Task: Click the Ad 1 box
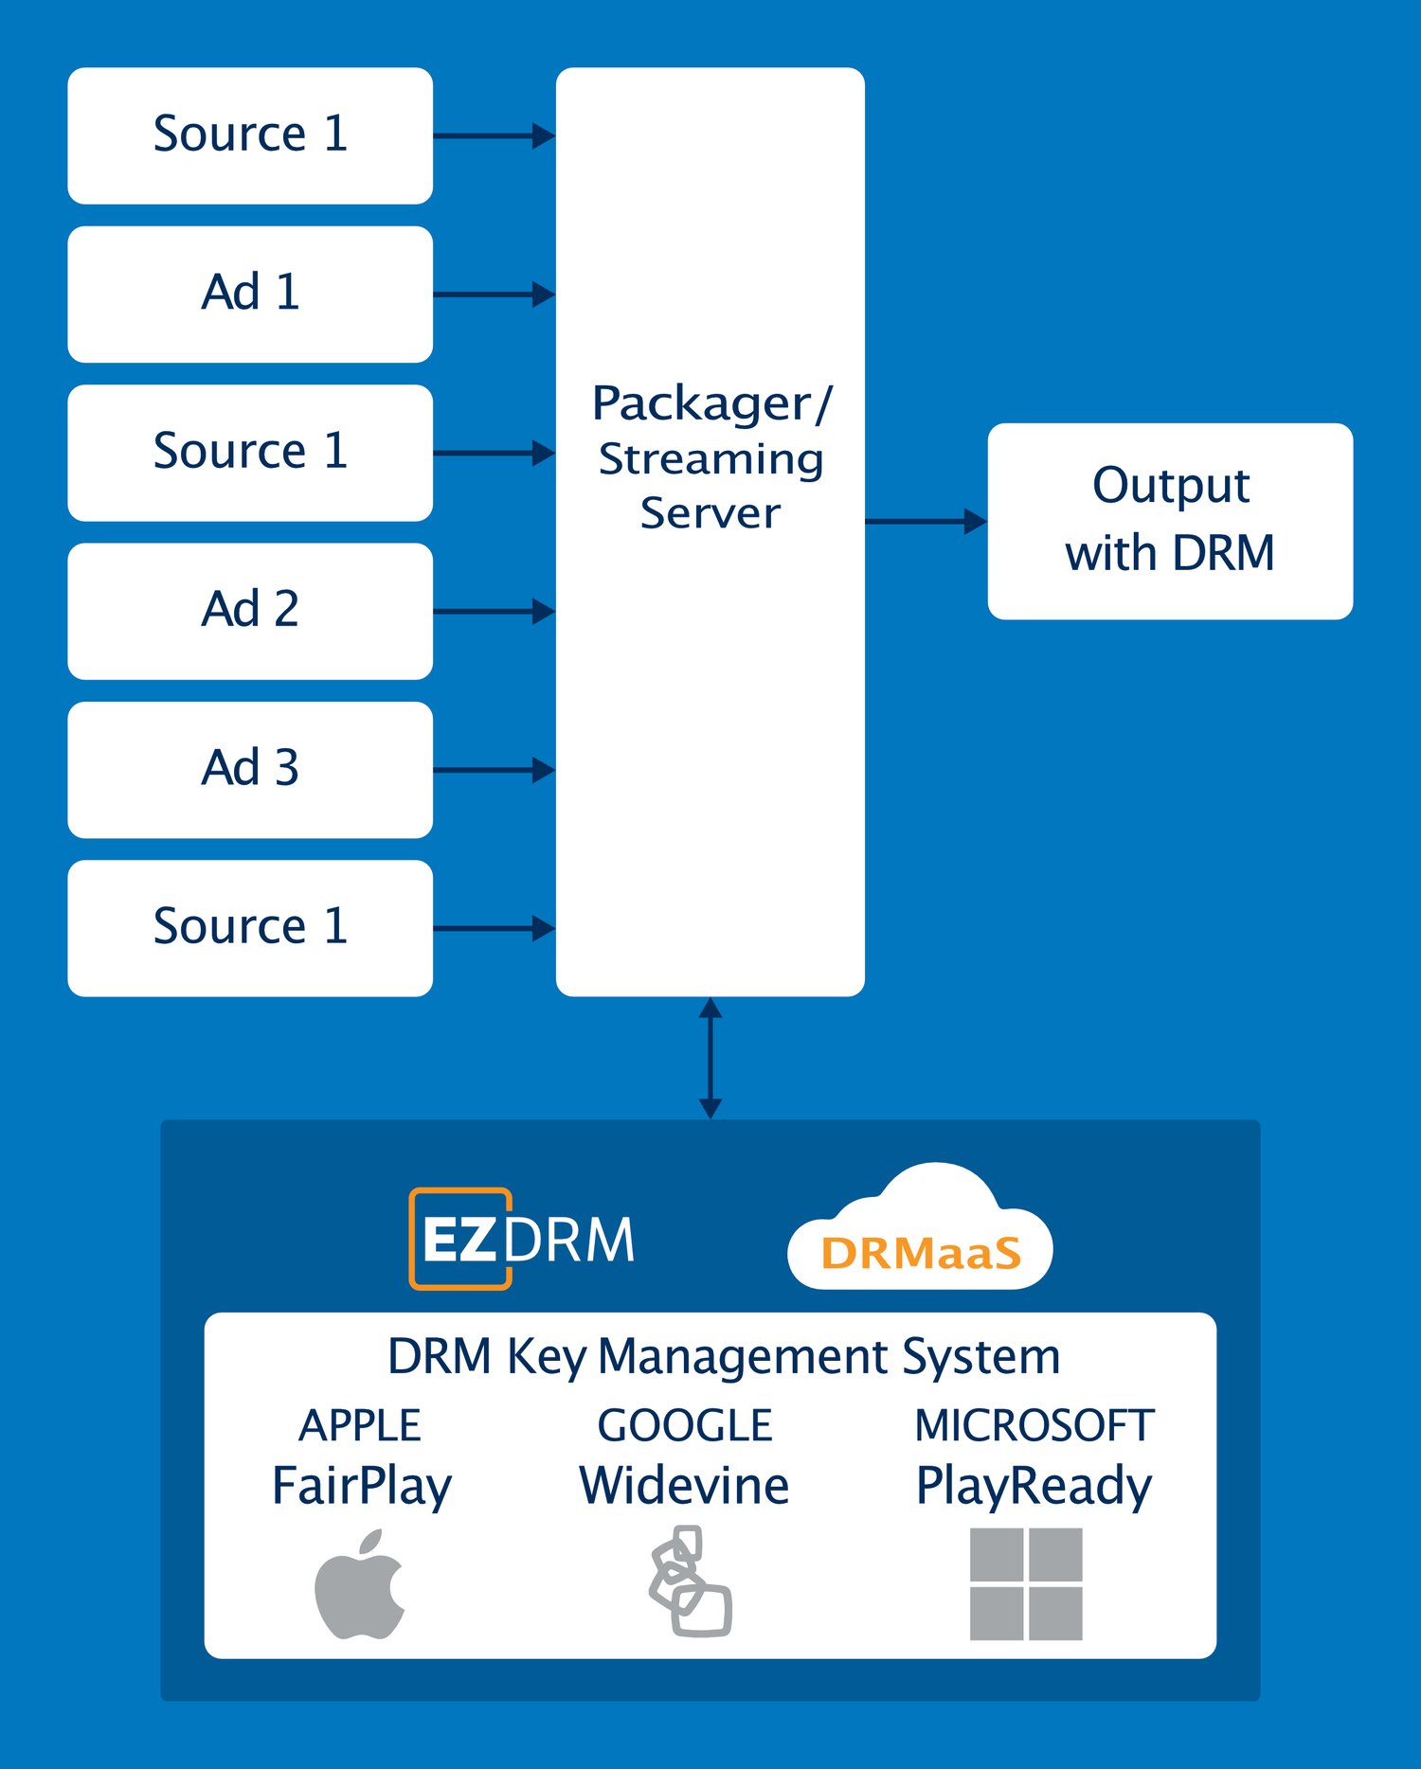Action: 250,294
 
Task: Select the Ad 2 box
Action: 250,611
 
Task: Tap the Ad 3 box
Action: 250,769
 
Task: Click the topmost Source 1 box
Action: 250,135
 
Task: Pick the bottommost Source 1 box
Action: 250,928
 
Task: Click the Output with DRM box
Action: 1170,521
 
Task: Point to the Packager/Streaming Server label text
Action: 710,457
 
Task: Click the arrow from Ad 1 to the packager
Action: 494,295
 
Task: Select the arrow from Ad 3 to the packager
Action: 494,770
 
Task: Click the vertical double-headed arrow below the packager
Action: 710,1058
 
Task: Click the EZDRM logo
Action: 522,1239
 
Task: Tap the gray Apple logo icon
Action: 360,1584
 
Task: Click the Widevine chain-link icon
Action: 691,1581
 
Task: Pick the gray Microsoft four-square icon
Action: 1026,1583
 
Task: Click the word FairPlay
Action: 361,1485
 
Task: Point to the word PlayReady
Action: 1034,1485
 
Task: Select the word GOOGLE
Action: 685,1425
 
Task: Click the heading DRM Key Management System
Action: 724,1356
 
